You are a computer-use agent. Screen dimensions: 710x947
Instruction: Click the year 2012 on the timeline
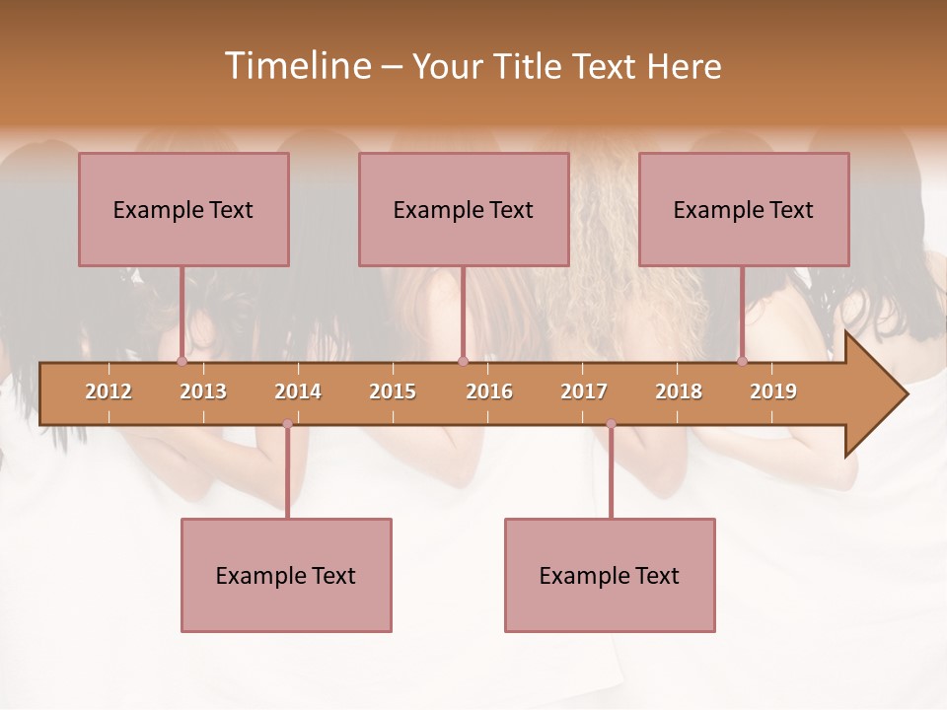(109, 391)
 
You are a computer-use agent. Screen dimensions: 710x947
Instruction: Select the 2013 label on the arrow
(203, 391)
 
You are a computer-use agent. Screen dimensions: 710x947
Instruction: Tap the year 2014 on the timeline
(298, 391)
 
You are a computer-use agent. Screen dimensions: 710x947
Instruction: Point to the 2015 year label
(393, 391)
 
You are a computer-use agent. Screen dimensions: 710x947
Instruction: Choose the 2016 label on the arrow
(489, 391)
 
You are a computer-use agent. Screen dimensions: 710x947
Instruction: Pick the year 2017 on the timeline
(584, 391)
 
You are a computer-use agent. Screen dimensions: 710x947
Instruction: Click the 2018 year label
(679, 391)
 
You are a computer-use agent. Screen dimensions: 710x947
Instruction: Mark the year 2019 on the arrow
(773, 391)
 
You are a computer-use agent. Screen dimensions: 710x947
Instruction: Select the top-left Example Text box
(183, 209)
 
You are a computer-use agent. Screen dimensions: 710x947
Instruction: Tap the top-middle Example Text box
(464, 209)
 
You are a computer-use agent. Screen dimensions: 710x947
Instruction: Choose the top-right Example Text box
(744, 209)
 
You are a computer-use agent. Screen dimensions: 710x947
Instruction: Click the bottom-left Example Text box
(286, 575)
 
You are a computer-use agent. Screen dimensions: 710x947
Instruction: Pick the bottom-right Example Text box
(610, 575)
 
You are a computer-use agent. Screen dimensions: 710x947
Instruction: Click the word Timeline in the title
(296, 66)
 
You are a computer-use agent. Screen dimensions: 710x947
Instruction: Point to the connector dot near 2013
(182, 361)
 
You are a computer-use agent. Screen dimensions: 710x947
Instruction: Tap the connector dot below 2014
(287, 424)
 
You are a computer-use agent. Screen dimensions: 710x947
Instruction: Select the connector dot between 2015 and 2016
(463, 361)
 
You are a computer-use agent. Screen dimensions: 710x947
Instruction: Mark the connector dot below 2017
(611, 424)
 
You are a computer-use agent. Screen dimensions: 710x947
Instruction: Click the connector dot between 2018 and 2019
(742, 361)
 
